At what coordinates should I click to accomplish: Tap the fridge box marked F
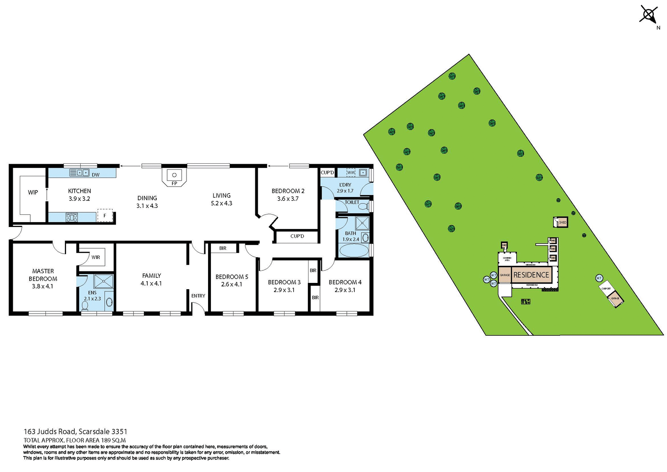tap(105, 215)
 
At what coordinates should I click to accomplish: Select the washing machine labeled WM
tap(351, 172)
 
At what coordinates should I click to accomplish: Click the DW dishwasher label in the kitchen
tap(96, 175)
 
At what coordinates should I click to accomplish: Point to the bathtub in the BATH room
tap(354, 250)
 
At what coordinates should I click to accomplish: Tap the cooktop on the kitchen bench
tap(72, 218)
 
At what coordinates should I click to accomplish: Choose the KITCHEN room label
tap(80, 191)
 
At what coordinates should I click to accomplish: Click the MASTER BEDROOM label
tap(43, 275)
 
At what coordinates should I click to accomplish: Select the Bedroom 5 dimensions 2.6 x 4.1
tap(232, 284)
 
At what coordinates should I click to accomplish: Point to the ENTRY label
tap(198, 296)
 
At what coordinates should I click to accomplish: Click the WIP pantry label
tap(33, 192)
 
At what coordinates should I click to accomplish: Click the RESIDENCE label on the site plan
tap(531, 275)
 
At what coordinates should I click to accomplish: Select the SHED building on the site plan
tap(561, 222)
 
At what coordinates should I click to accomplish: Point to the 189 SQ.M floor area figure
tap(113, 440)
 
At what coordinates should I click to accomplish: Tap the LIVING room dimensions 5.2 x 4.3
tap(222, 203)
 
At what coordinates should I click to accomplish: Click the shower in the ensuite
tap(104, 281)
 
